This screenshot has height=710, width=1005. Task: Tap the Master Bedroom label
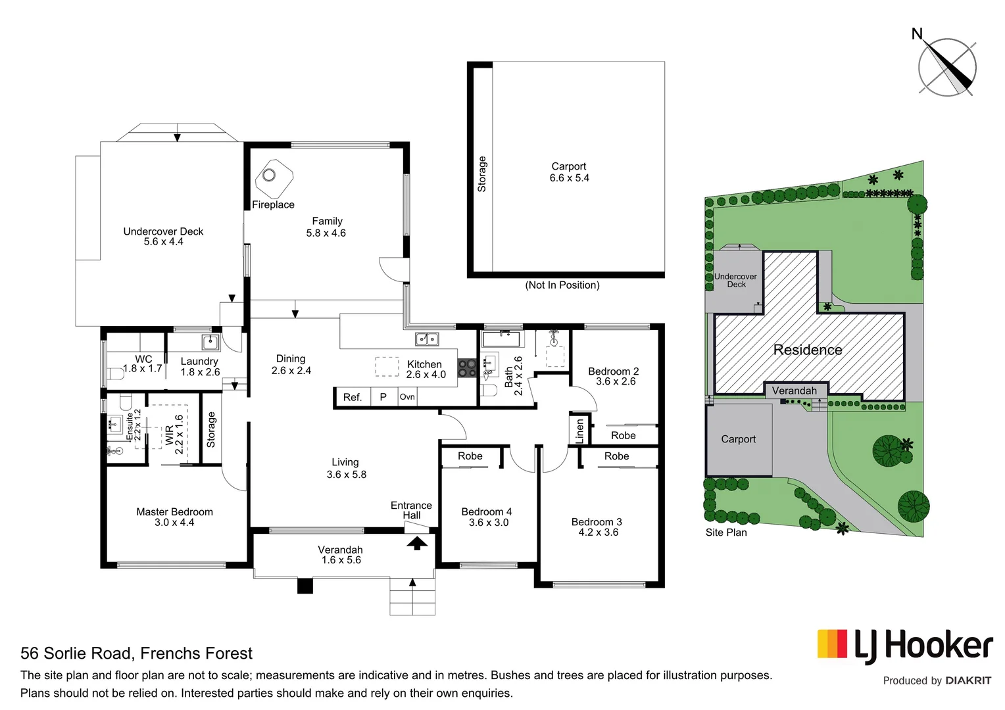174,511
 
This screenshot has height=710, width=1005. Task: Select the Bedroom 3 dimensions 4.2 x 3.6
598,532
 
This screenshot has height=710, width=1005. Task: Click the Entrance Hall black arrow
416,543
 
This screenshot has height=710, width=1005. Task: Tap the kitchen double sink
427,339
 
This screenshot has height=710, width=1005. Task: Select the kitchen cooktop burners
467,367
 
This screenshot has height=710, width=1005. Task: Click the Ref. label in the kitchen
353,397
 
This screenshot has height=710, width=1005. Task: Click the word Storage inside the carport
481,174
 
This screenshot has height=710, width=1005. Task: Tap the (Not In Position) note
562,285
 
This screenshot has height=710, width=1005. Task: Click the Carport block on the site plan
738,439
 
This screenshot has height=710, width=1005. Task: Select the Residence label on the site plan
808,350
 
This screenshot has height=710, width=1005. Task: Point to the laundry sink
210,342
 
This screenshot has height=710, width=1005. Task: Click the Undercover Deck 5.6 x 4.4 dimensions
164,242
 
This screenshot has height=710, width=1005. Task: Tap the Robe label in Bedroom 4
470,456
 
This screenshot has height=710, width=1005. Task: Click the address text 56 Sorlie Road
79,653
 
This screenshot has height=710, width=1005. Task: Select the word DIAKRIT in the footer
968,680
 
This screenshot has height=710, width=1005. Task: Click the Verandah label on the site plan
794,390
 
